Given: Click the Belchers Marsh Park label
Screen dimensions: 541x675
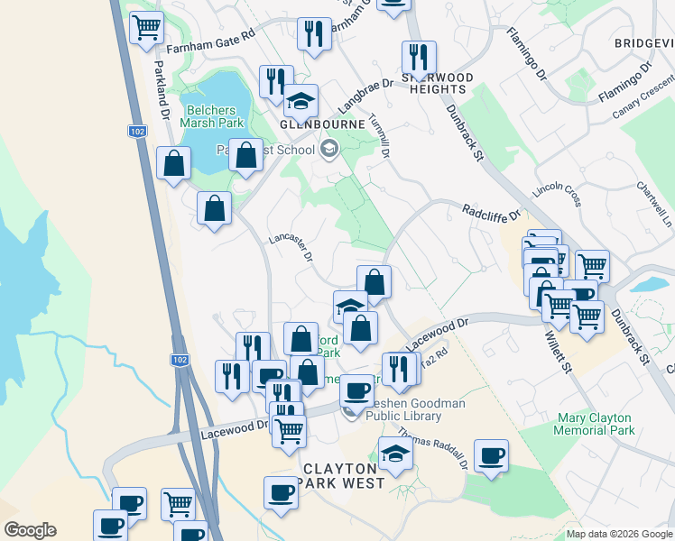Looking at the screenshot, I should [x=212, y=115].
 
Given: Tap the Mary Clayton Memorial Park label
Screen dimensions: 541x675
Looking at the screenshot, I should [x=584, y=424].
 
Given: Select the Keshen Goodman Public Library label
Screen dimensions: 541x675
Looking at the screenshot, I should [x=415, y=410].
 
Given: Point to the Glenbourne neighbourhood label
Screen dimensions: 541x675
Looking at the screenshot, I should [x=322, y=124].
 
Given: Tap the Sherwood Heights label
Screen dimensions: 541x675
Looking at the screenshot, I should [x=438, y=83].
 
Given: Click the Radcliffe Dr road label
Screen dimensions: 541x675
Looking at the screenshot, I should [x=492, y=213].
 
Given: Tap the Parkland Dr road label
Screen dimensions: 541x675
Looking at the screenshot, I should [x=162, y=91].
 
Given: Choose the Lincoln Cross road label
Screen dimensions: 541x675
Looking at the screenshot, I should [x=559, y=191].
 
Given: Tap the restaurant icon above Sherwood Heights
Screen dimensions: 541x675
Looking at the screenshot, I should [x=419, y=58].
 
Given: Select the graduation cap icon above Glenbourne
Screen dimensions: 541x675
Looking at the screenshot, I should [x=301, y=101].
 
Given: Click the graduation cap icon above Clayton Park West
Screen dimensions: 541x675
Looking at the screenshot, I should [x=394, y=454].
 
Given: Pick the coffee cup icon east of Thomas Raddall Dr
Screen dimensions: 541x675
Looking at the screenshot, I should [x=491, y=455].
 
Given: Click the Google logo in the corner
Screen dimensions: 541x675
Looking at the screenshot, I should [x=30, y=530].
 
